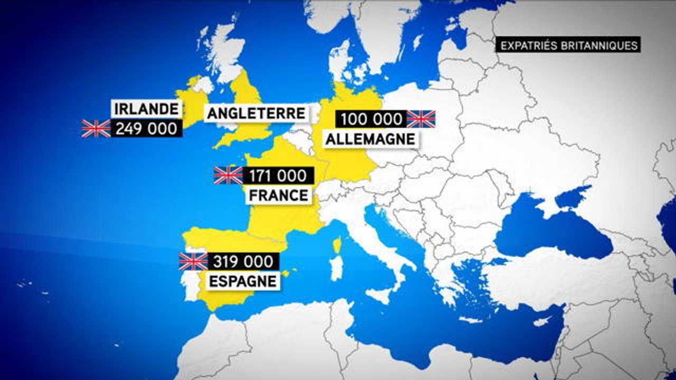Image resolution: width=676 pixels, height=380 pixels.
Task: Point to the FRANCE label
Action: pyautogui.click(x=278, y=196)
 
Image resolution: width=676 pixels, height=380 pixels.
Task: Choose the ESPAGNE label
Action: pyautogui.click(x=243, y=281)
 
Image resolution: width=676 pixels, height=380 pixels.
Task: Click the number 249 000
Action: pyautogui.click(x=147, y=128)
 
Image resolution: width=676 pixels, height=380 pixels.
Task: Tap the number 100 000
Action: pyautogui.click(x=371, y=119)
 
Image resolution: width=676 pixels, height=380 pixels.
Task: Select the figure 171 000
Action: pyautogui.click(x=278, y=176)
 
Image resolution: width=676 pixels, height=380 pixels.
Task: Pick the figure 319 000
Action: pyautogui.click(x=243, y=261)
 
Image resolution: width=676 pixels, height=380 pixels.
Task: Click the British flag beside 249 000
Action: pyautogui.click(x=96, y=128)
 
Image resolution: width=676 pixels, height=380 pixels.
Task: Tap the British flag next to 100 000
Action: pyautogui.click(x=421, y=119)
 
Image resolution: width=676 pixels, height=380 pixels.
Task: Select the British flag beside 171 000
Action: pyautogui.click(x=228, y=176)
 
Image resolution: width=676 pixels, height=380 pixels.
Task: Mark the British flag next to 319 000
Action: pyautogui.click(x=193, y=261)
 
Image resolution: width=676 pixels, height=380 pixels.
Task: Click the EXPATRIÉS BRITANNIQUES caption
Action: pyautogui.click(x=569, y=45)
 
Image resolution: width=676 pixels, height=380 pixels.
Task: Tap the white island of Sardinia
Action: pyautogui.click(x=336, y=268)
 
